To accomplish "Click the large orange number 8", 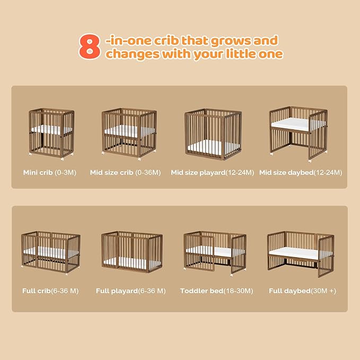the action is (x=90, y=47).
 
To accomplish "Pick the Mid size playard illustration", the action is (x=213, y=135).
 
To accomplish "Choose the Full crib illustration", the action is (x=51, y=253).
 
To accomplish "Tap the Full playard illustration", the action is (x=132, y=252).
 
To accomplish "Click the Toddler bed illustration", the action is (x=215, y=253).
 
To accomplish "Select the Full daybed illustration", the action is (x=301, y=254).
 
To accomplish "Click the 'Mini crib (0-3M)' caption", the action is (x=50, y=173).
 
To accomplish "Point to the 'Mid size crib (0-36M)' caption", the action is (x=125, y=173).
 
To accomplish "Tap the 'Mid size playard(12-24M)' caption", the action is (x=213, y=173).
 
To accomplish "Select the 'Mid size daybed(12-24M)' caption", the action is (x=301, y=173).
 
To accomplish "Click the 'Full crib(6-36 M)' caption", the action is (x=50, y=291).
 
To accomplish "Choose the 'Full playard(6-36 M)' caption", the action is (x=130, y=291).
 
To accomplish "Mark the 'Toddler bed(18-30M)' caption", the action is (x=216, y=291).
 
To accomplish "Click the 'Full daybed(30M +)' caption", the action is (x=302, y=291).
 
